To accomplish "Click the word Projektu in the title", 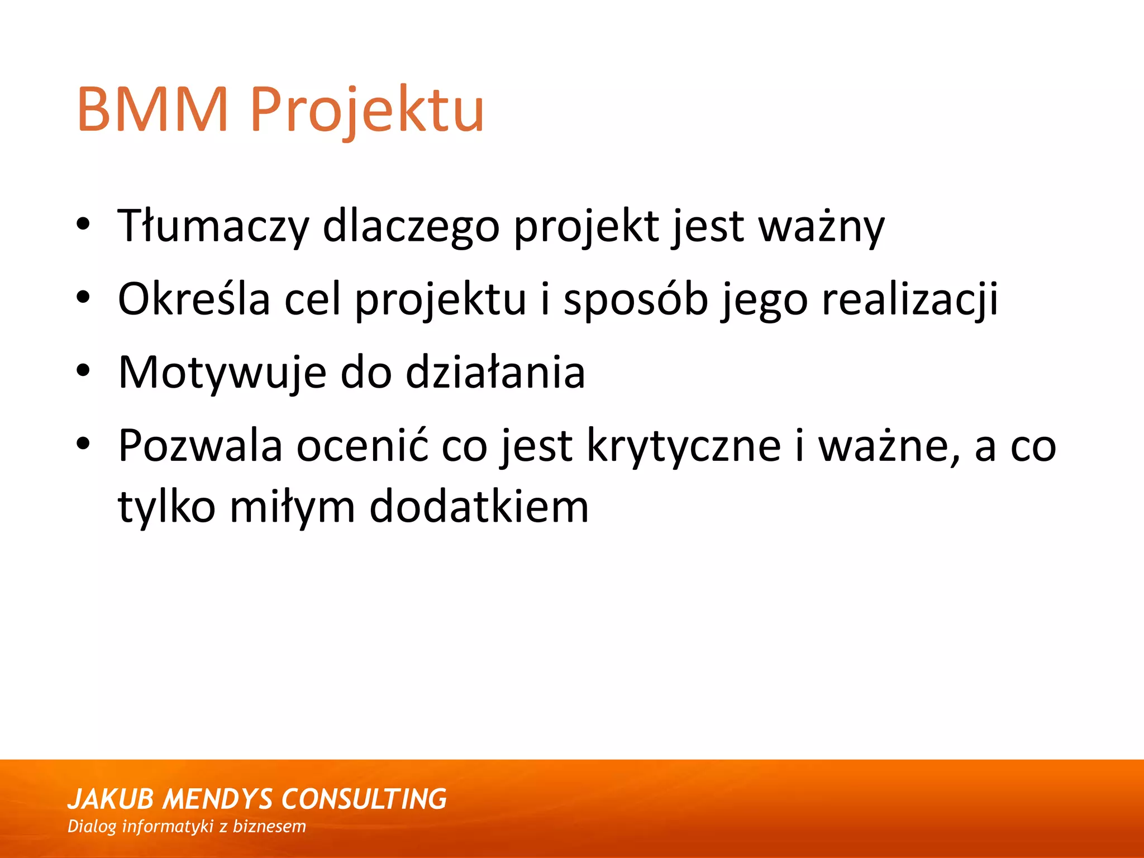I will click(367, 110).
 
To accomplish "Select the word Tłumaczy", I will click(213, 226).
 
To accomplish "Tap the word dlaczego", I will click(411, 226).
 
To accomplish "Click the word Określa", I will click(194, 299).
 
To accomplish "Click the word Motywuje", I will click(222, 373).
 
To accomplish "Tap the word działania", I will click(495, 372).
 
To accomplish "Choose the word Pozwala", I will click(200, 446).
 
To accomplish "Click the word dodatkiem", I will click(479, 507).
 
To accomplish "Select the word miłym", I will click(292, 507).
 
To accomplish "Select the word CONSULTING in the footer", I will click(364, 799).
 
